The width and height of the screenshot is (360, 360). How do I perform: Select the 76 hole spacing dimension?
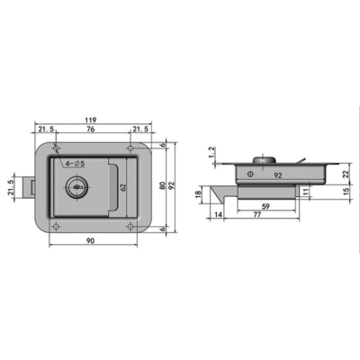point(92,130)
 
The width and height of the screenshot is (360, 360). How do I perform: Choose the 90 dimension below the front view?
point(92,242)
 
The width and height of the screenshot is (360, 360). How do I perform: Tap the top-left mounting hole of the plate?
point(56,149)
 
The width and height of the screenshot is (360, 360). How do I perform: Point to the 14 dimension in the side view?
point(219,217)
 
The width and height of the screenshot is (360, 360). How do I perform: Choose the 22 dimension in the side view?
point(347,175)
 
